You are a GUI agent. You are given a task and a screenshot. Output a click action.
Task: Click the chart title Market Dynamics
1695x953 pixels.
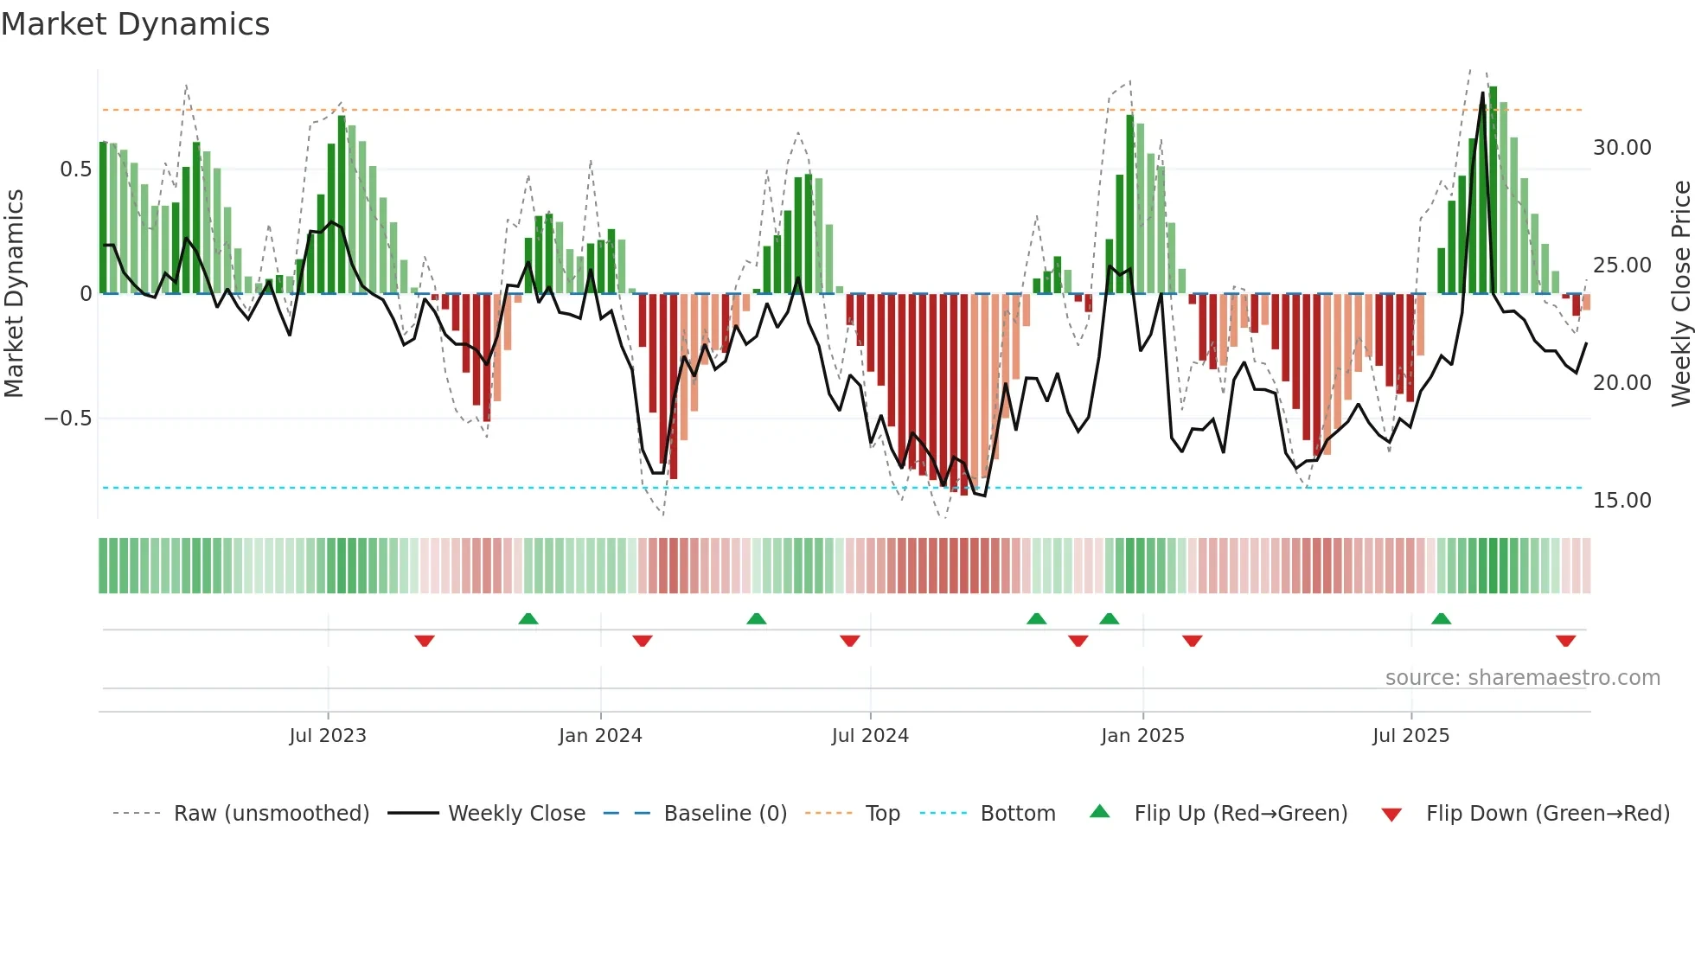click(135, 24)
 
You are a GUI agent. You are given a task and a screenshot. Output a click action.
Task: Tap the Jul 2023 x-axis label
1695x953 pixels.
click(328, 736)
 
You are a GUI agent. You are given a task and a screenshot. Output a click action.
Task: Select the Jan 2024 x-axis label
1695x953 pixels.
click(600, 736)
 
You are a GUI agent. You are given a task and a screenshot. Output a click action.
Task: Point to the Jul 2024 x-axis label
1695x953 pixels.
click(870, 736)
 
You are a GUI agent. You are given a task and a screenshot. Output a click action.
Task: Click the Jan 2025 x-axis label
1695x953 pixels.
click(1142, 736)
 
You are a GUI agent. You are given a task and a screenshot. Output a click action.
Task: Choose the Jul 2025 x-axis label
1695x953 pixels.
click(1410, 736)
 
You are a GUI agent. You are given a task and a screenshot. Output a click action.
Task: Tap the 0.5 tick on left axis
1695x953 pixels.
click(75, 169)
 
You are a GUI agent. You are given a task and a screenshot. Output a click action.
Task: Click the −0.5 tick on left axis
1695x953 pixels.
click(68, 419)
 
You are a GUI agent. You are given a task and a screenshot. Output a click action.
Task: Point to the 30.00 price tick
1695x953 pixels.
click(1621, 148)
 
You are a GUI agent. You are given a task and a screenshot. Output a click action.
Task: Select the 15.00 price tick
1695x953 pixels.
click(1621, 501)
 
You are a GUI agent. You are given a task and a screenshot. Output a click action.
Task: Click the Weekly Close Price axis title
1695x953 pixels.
click(1680, 294)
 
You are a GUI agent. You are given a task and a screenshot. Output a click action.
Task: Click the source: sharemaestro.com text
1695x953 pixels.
click(1522, 678)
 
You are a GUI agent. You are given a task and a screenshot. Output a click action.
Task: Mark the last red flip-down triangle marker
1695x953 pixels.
click(1565, 641)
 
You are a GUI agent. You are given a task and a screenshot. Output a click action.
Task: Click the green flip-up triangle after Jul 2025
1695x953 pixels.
click(1441, 618)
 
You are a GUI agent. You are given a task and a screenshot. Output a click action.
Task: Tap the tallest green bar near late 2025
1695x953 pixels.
click(1493, 190)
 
